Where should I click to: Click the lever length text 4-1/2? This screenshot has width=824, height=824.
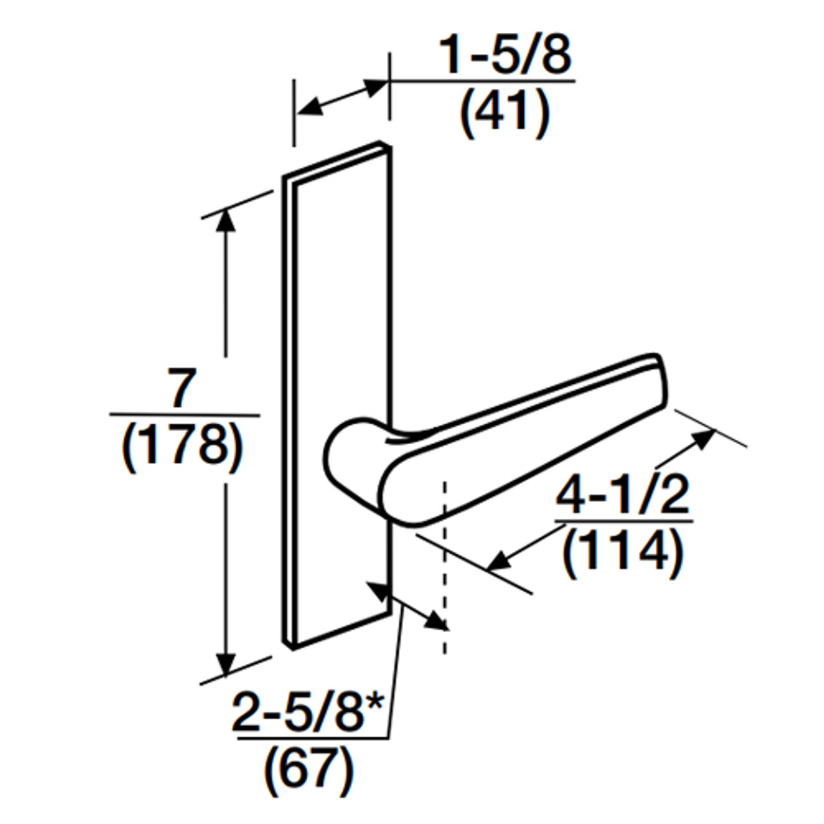[622, 496]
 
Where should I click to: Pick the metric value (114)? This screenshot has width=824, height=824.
[622, 552]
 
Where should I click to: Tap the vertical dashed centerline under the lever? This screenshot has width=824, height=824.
[444, 566]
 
